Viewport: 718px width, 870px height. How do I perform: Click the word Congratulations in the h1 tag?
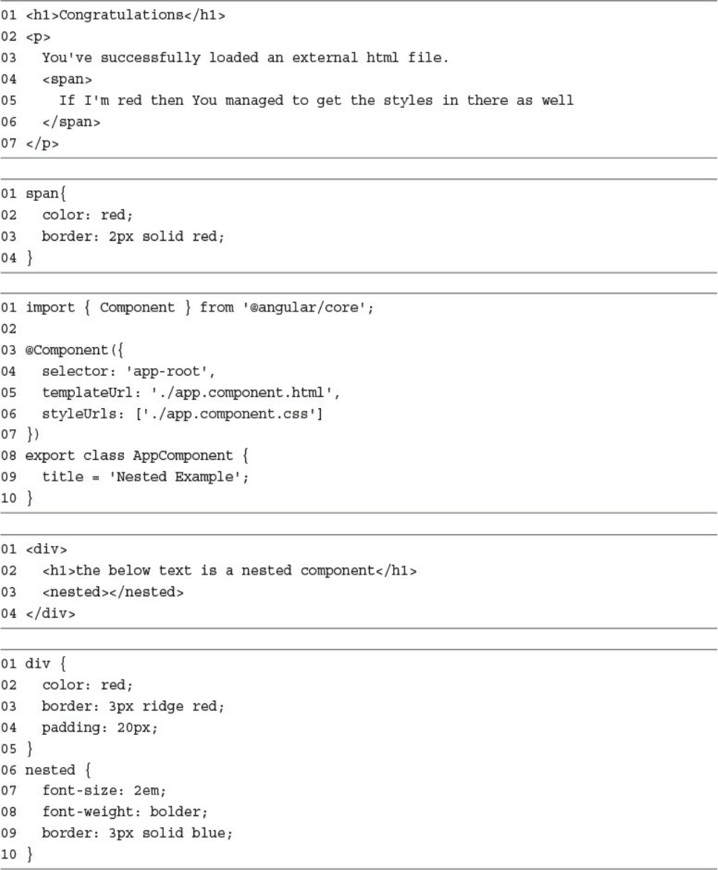[120, 15]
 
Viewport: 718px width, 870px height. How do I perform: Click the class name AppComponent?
[182, 456]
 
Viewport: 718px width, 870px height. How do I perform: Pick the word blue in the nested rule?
[212, 833]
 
